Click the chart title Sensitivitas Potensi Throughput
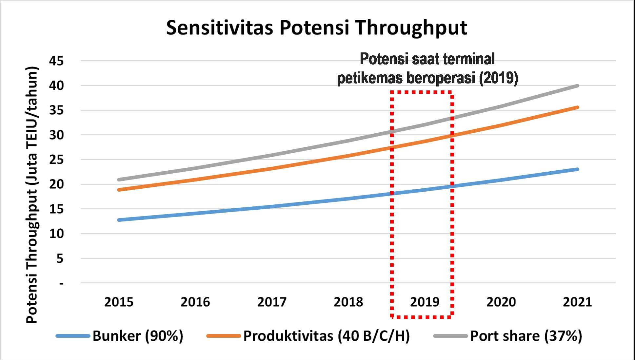316,28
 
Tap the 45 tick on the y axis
56,61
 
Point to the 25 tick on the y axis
56,160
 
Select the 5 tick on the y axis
60,259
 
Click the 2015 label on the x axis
119,302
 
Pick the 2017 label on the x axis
272,302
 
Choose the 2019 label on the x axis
425,302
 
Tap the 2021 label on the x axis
577,302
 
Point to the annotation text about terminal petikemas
427,69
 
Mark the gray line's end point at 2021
577,86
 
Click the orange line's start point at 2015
119,190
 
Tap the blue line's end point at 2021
577,169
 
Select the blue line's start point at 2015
119,220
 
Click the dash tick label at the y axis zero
61,283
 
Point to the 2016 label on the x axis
195,302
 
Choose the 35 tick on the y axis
56,110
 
